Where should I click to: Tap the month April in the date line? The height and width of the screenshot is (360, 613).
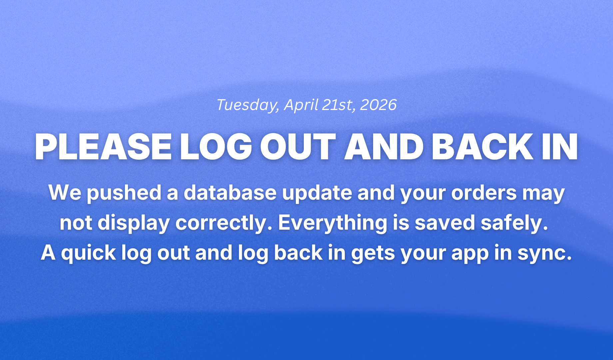302,105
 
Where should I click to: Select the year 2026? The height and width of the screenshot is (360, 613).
378,105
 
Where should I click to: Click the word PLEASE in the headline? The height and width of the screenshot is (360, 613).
103,147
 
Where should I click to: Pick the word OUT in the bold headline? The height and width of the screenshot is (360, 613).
298,147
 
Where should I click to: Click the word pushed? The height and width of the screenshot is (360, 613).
124,193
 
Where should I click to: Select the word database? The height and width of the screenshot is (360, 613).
230,193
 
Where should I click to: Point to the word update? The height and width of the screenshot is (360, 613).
317,193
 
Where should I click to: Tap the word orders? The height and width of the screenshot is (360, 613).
484,193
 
